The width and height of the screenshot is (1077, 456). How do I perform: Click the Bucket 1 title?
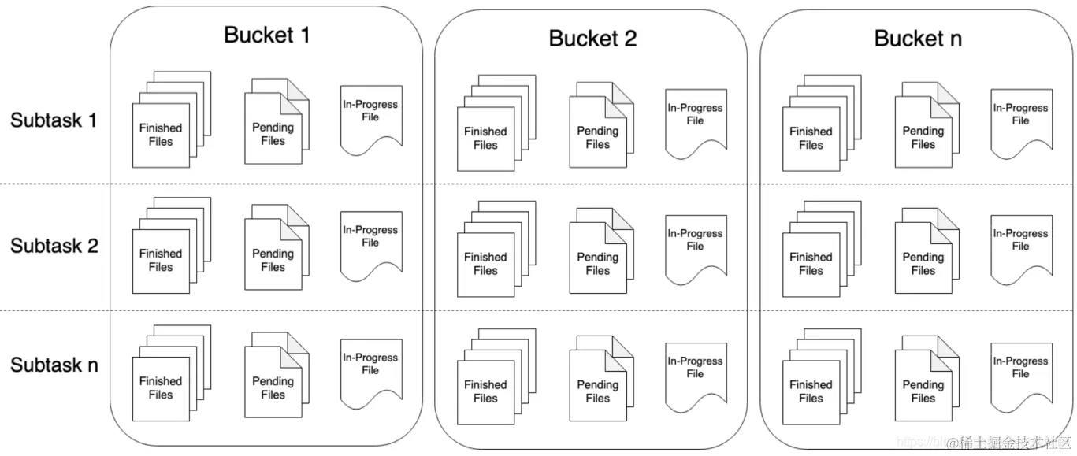tap(267, 35)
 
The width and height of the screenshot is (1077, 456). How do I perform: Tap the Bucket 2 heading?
tap(592, 39)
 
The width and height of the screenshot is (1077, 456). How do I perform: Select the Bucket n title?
tap(918, 39)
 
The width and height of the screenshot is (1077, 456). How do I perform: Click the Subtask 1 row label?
tap(54, 120)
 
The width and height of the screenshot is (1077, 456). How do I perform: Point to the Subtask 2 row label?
tap(54, 246)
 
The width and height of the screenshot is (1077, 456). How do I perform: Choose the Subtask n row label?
tap(54, 365)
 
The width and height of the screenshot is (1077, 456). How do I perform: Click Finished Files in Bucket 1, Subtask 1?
tap(161, 134)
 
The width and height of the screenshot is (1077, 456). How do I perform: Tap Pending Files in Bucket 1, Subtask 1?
tap(273, 133)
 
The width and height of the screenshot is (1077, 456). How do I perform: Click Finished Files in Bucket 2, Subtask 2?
tap(485, 263)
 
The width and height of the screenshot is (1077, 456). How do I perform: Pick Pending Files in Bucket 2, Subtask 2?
tap(598, 263)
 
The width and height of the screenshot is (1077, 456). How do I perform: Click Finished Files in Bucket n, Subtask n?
tap(811, 391)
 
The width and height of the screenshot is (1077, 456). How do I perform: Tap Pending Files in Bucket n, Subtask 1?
tap(923, 137)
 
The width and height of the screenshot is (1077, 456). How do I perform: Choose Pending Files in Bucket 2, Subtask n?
tap(598, 391)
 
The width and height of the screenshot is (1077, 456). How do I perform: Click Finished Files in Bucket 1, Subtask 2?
tap(161, 260)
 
